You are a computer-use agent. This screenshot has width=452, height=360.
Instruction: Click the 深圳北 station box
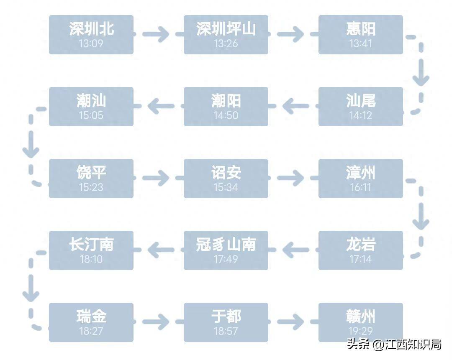(x=91, y=35)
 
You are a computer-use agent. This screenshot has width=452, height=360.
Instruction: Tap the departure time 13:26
(x=226, y=43)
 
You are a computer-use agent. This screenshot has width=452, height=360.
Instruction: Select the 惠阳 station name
(x=361, y=29)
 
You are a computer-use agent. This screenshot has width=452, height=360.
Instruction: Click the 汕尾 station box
(x=361, y=107)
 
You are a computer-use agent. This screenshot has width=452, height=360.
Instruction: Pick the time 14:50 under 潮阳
(x=226, y=115)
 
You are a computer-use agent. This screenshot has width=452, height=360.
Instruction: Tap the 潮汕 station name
(x=91, y=101)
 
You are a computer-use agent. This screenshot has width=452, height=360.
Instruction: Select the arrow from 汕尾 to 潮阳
(x=295, y=106)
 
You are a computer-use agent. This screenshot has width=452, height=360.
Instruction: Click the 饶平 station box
(x=91, y=179)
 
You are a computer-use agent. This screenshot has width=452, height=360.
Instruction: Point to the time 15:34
(x=226, y=187)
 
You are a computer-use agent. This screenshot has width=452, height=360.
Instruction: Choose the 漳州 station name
(x=361, y=173)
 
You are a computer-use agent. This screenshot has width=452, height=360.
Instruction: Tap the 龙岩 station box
(x=361, y=250)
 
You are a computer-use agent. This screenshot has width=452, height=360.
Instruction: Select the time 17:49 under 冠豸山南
(x=226, y=259)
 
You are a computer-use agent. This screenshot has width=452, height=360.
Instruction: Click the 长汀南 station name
(x=91, y=245)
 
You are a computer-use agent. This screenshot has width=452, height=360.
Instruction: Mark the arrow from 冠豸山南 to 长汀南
(x=161, y=250)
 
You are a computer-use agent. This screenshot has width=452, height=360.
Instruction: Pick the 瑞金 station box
(x=91, y=322)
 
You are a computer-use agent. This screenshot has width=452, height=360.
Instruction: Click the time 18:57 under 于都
(x=226, y=331)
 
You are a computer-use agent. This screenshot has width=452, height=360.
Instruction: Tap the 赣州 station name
(x=361, y=317)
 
